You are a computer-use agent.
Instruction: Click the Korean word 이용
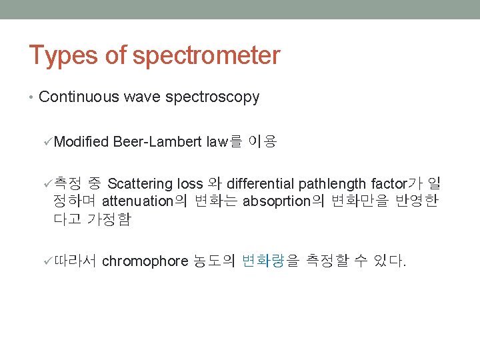[x=261, y=141]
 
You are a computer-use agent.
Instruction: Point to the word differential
[x=261, y=183]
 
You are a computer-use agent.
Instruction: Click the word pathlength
[x=333, y=183]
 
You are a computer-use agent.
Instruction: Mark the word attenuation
[x=138, y=201]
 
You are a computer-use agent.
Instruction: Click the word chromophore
[x=145, y=261]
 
